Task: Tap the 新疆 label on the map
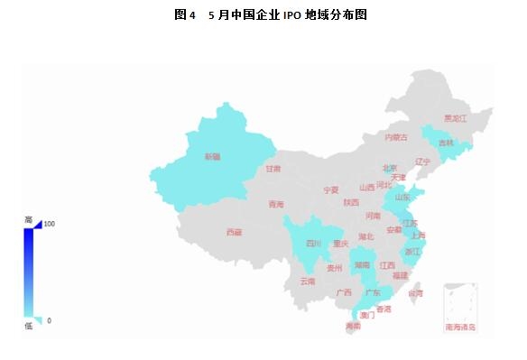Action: (x=212, y=157)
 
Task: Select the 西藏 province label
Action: (x=234, y=232)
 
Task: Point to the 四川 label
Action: (x=313, y=244)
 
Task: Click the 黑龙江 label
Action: (x=456, y=118)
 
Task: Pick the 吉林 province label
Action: (x=446, y=143)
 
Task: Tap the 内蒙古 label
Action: (x=396, y=137)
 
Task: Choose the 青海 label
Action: (x=276, y=205)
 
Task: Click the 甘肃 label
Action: (x=273, y=169)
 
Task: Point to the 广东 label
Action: (x=372, y=293)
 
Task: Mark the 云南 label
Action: (x=308, y=282)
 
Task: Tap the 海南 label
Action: (x=353, y=326)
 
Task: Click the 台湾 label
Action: (x=415, y=293)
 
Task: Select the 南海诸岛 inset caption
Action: (x=460, y=327)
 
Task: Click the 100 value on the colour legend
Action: (x=50, y=224)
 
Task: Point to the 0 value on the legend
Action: (x=49, y=320)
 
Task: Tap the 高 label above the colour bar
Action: (x=28, y=220)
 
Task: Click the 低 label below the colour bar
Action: (x=28, y=326)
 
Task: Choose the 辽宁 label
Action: (x=423, y=162)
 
